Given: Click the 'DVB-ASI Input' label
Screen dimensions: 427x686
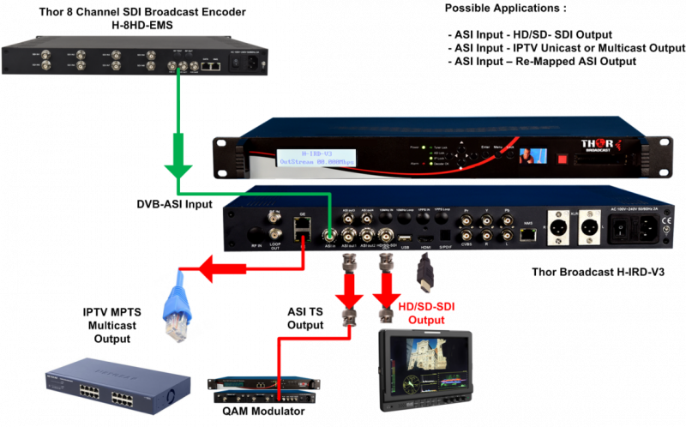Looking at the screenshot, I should (x=175, y=204).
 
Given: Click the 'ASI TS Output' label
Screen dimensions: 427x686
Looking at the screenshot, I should (x=305, y=317).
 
